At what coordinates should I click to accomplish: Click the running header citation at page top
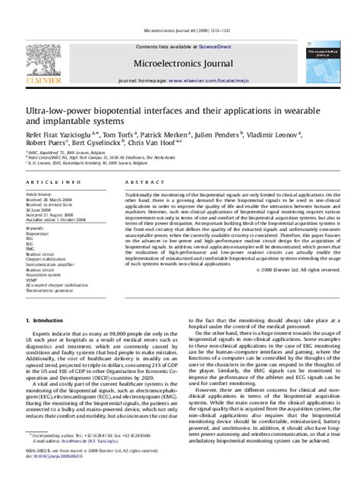click(x=180, y=9)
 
